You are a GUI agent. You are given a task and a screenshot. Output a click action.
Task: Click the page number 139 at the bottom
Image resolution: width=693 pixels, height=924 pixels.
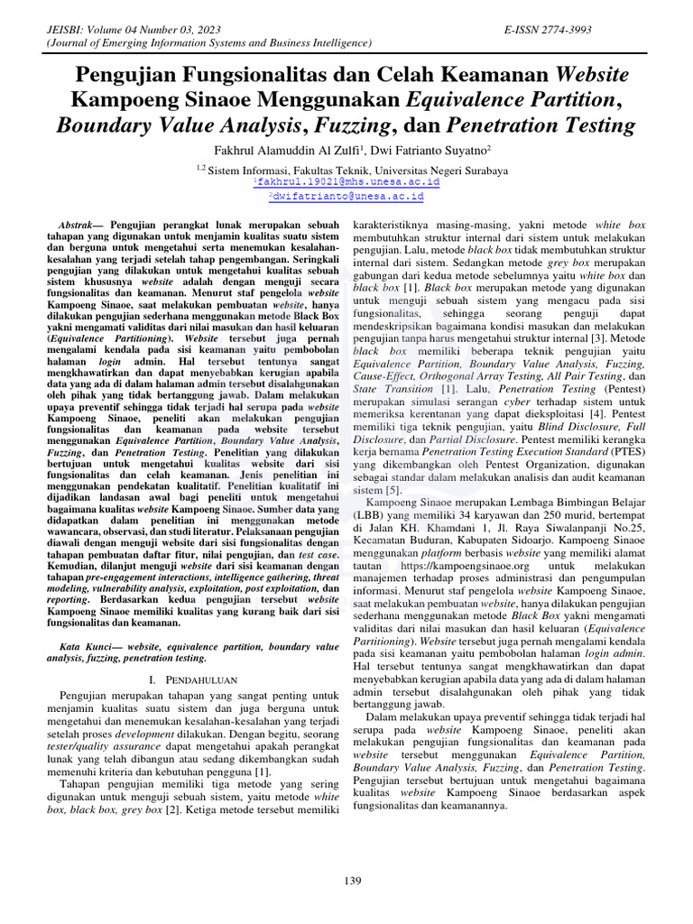point(353,881)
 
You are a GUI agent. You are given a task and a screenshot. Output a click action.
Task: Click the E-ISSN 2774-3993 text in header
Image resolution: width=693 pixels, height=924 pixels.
point(549,30)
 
